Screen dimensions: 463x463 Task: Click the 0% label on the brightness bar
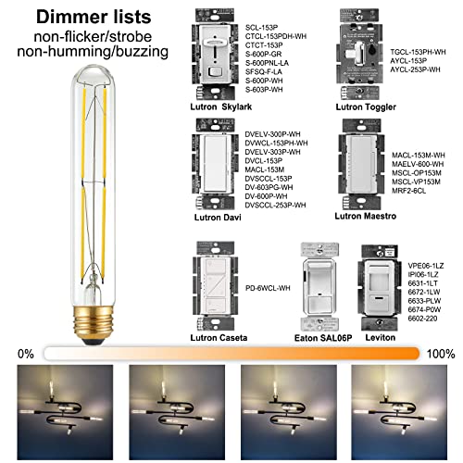click(x=25, y=354)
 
